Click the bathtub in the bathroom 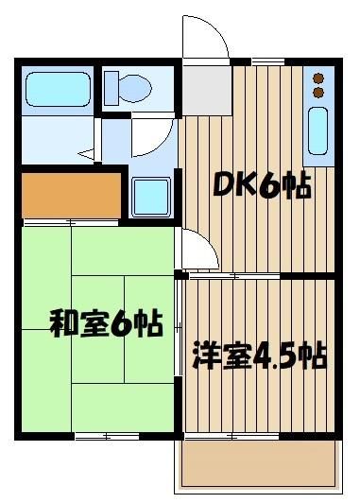[x=58, y=89]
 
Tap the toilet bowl [x=135, y=88]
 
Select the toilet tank [x=111, y=88]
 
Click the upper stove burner [x=318, y=78]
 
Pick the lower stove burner [x=318, y=92]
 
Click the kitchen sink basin [x=318, y=130]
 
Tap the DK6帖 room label [x=263, y=185]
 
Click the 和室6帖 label [x=107, y=323]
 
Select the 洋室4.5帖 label [x=259, y=356]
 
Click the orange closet [x=72, y=196]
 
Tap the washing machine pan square [x=151, y=198]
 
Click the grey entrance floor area [x=207, y=91]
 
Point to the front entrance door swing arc [x=218, y=31]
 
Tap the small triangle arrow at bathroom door [x=87, y=154]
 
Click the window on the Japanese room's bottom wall [x=107, y=436]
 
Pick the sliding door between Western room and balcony [x=232, y=436]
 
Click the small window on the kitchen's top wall [x=268, y=61]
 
